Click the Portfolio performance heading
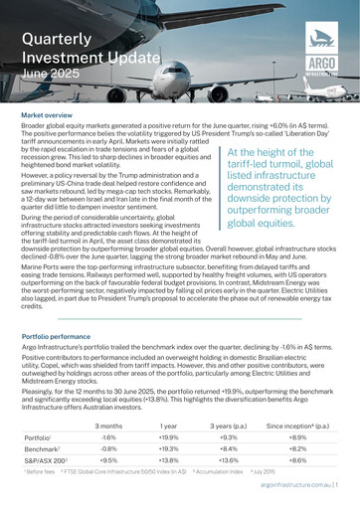[x=63, y=337]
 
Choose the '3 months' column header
[x=109, y=424]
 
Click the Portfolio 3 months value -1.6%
[x=109, y=437]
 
